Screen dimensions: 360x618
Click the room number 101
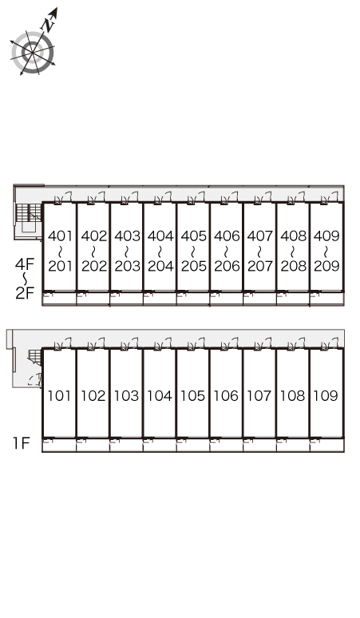pos(60,395)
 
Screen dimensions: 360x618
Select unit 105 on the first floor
pos(192,395)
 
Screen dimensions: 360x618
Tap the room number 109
pos(326,395)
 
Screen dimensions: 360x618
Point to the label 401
pos(60,236)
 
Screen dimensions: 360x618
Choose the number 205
pos(193,266)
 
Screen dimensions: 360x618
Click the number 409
pos(326,236)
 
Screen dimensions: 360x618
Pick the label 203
pos(127,266)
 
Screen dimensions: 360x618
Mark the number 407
pos(260,236)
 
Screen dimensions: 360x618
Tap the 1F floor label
pos(22,443)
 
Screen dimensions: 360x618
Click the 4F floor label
pos(25,263)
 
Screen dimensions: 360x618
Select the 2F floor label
pos(25,293)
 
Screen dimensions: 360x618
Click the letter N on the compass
pos(49,26)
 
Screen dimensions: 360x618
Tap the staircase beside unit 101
pos(34,357)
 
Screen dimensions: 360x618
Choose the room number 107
pos(259,395)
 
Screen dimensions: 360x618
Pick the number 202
pos(93,266)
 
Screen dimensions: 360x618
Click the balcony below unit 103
pos(126,445)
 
